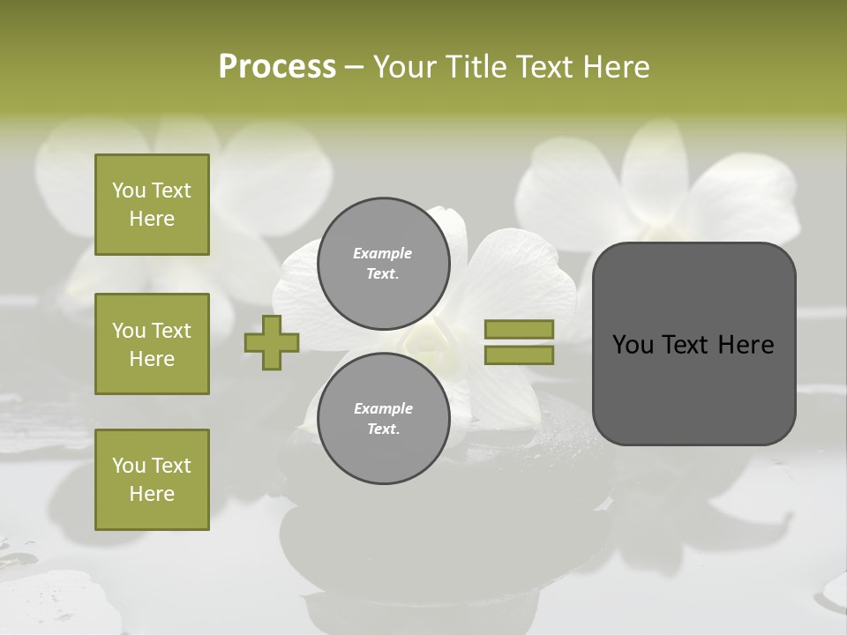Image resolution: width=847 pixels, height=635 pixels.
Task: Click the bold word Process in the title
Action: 277,67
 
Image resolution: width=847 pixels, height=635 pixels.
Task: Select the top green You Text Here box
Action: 152,205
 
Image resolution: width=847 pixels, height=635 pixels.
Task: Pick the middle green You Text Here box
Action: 152,344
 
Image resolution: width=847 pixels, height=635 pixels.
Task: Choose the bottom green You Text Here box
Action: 152,480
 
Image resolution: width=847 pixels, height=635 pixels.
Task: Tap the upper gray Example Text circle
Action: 383,264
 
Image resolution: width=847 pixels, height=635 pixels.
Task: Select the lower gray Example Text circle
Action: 383,419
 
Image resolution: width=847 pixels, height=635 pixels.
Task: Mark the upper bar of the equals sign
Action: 519,330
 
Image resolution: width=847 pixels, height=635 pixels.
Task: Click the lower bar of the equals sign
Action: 519,355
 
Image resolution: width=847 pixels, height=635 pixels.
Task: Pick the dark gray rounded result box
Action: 693,344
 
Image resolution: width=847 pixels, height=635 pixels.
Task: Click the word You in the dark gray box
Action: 633,345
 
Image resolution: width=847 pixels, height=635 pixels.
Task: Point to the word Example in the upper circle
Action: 383,253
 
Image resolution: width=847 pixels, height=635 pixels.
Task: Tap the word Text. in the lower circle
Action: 383,430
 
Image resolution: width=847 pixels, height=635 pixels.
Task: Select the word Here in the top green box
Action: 152,219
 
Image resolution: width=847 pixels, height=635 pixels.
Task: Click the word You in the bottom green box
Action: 128,466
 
